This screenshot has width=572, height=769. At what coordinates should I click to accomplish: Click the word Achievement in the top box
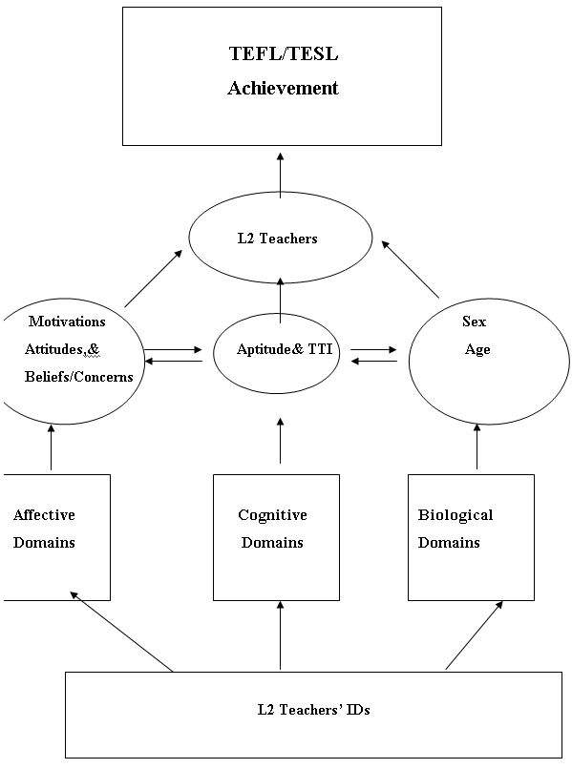(283, 88)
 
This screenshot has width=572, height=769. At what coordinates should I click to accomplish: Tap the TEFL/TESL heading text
(284, 53)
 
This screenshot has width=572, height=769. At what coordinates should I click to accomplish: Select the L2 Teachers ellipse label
(278, 239)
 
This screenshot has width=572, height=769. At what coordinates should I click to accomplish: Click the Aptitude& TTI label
(285, 348)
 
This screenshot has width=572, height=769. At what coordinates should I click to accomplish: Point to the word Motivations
(67, 322)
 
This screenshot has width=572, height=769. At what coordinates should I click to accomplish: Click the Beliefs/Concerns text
(79, 377)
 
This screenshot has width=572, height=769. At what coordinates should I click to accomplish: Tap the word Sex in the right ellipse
(475, 322)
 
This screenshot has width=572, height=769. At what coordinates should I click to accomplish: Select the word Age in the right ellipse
(477, 350)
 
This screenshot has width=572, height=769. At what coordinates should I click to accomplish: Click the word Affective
(44, 514)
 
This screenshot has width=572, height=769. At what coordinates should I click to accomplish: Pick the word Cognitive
(272, 515)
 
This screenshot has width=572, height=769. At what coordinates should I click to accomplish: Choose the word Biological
(455, 515)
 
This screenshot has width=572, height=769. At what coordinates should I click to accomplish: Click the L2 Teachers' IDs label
(314, 710)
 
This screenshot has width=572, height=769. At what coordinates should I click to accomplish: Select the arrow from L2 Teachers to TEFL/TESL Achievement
(281, 176)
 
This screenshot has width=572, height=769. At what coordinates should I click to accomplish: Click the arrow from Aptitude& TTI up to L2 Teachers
(281, 301)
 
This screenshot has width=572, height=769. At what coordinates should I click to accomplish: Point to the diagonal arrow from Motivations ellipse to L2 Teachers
(154, 279)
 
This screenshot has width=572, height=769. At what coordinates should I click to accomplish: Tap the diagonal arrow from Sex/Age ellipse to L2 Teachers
(410, 269)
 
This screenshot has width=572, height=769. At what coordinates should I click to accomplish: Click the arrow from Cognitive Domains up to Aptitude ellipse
(281, 441)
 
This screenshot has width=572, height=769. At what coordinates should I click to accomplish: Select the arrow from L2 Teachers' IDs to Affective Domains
(121, 632)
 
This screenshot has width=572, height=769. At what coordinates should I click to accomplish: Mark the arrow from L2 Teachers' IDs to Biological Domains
(475, 635)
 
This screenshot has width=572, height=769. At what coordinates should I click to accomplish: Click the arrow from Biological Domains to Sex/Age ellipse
(477, 447)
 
